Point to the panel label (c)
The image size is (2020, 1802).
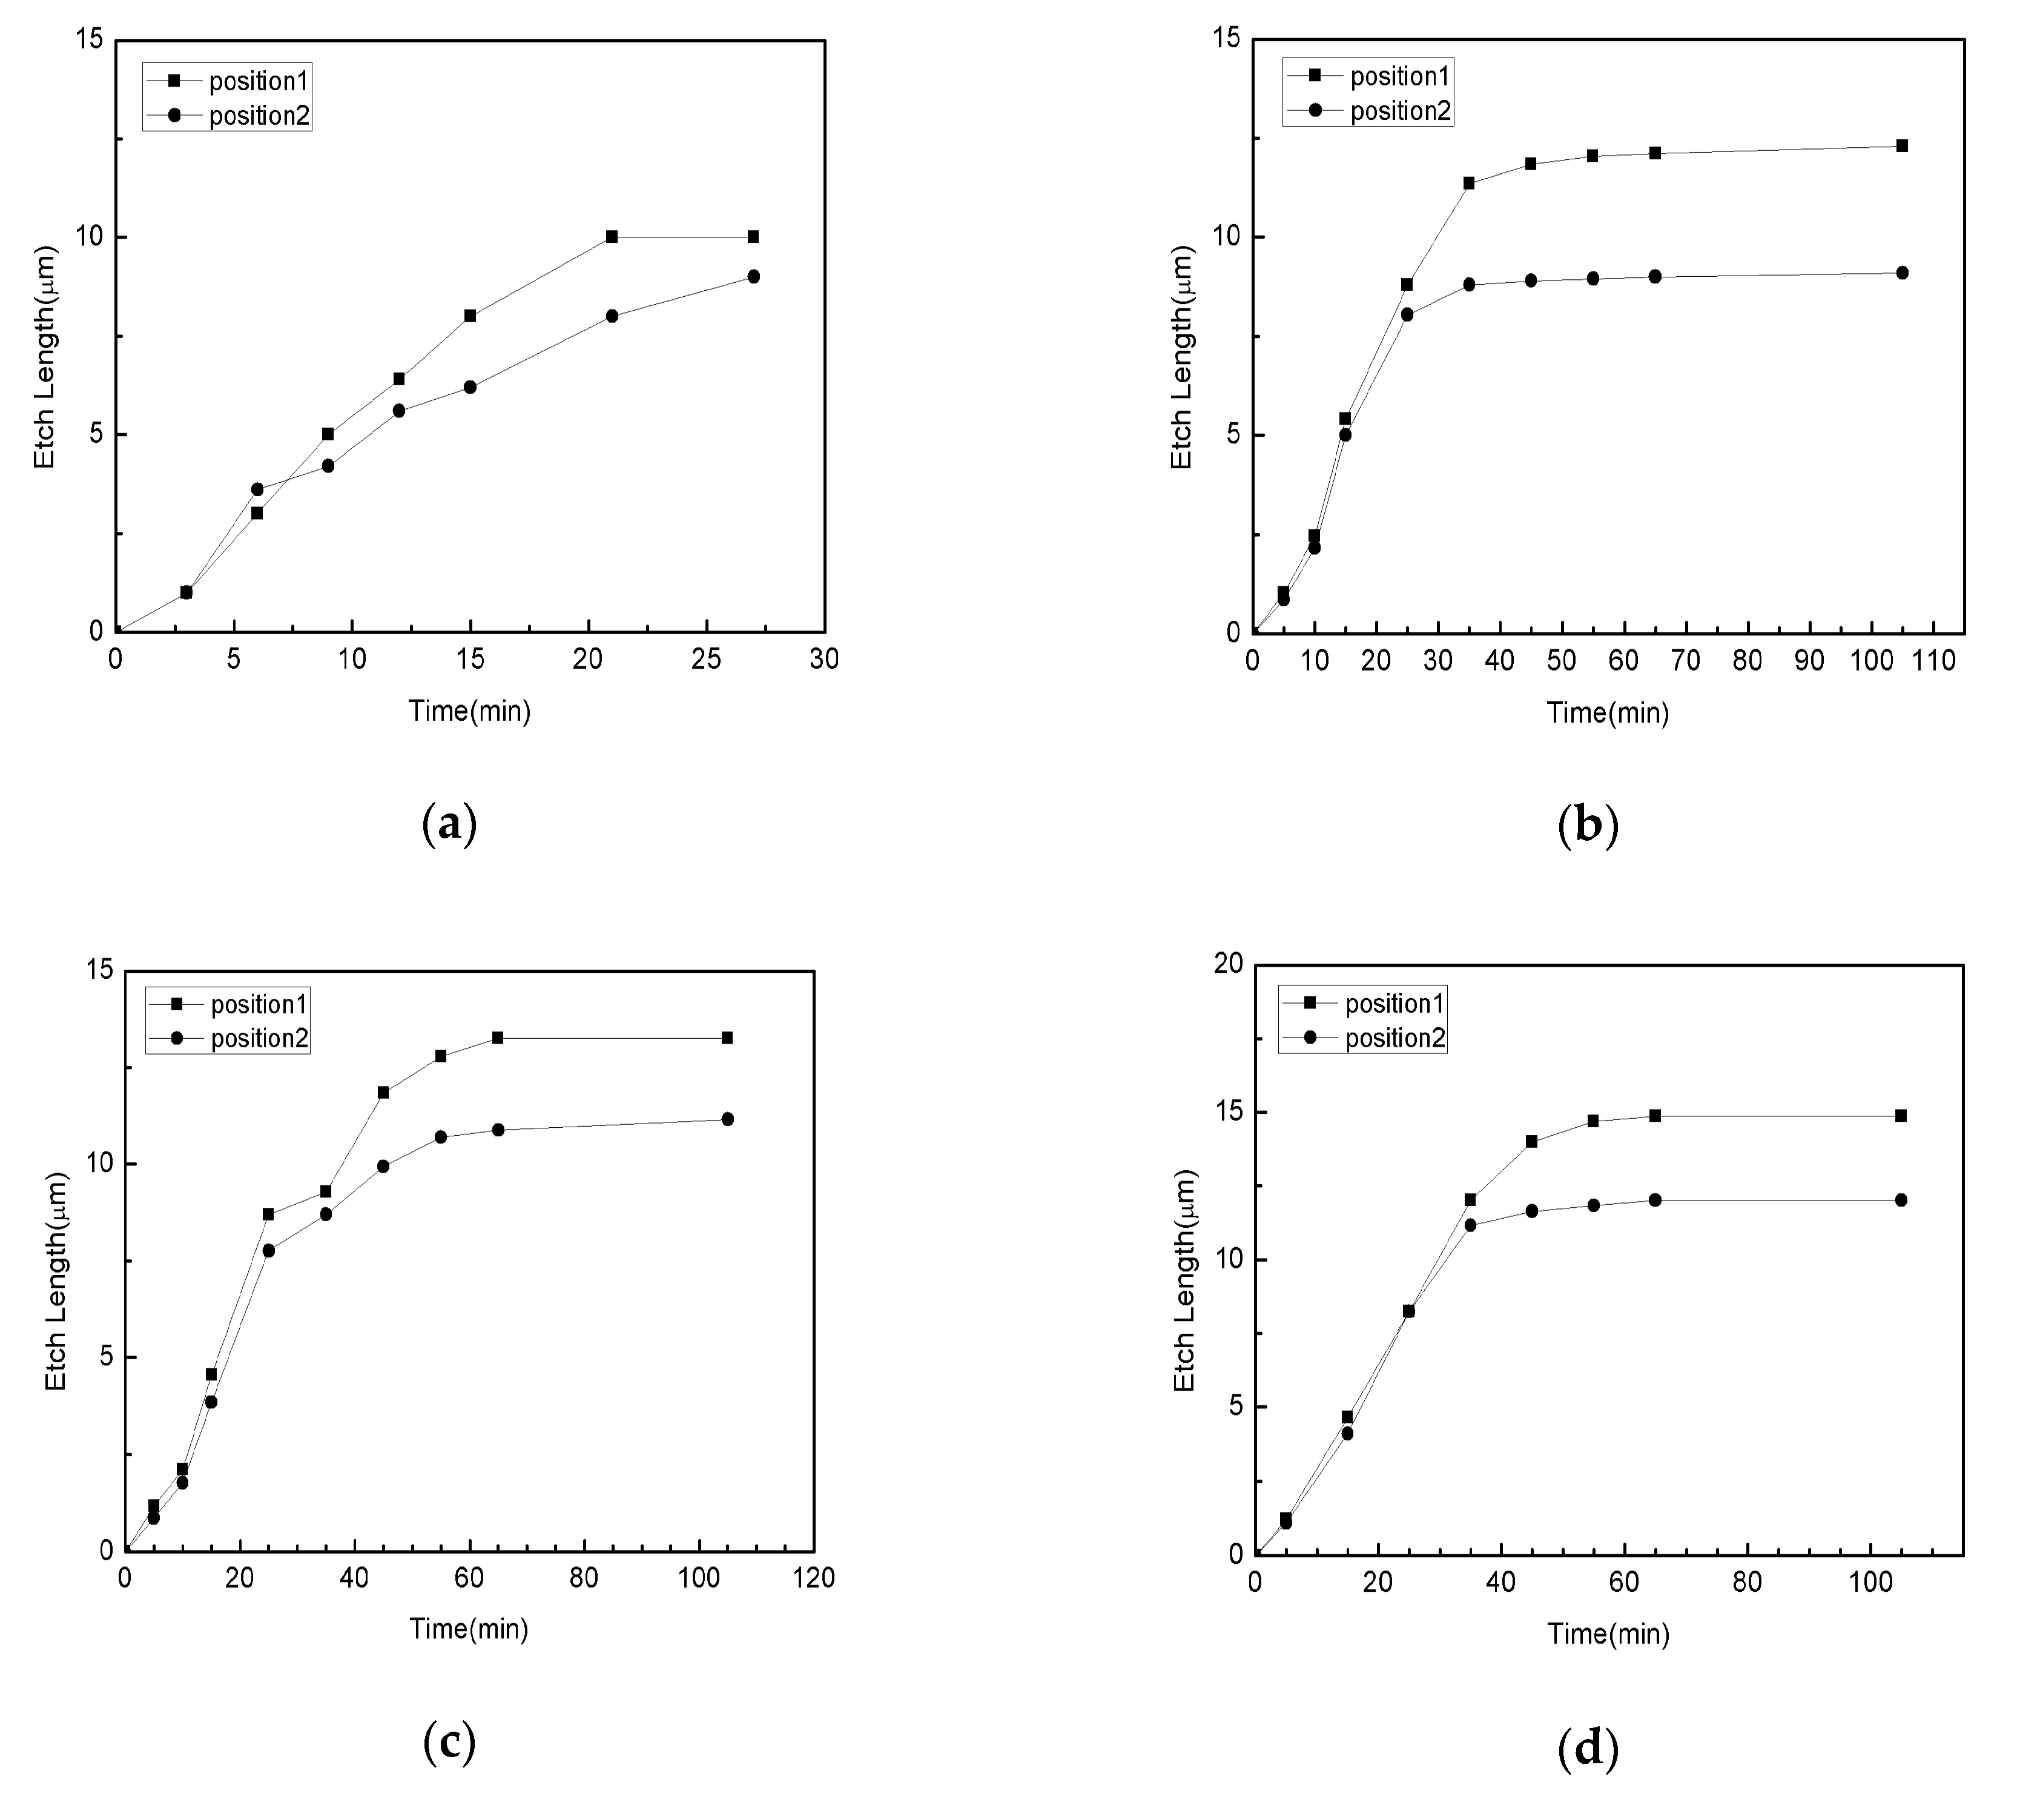449,1741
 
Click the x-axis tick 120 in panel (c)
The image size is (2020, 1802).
814,1578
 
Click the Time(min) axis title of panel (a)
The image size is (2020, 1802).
470,711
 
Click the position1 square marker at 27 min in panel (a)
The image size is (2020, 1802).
753,237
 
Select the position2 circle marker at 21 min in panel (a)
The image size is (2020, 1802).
612,316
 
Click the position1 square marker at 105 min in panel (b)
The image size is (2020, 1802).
1901,145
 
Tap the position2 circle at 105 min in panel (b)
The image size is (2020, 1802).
1901,273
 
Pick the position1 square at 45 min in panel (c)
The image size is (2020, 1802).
383,1092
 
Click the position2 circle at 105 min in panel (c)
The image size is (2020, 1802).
727,1119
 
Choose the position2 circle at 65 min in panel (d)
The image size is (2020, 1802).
1655,1200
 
